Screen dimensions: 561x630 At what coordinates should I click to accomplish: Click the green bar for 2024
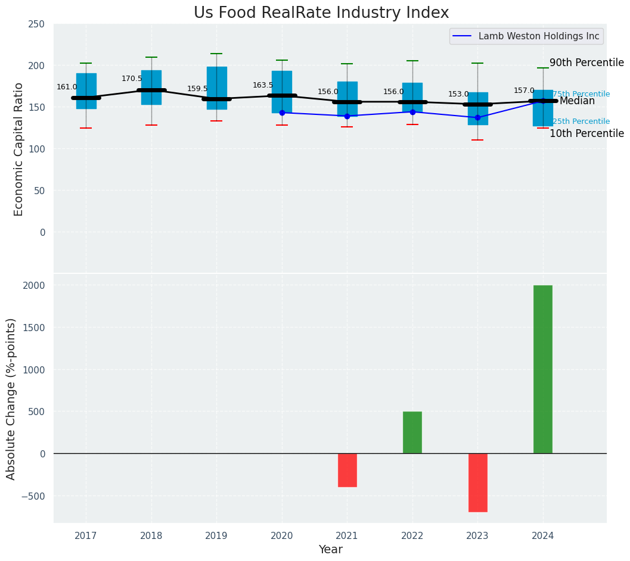tap(542, 369)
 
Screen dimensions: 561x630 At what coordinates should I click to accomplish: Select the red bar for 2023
tap(477, 482)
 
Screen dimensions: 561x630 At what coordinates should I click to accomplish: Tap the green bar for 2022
tap(412, 432)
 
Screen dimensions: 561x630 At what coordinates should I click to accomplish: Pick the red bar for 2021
tap(347, 470)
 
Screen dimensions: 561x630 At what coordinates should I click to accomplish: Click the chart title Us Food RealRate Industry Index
tap(321, 13)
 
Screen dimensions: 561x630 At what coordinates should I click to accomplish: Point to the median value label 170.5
tap(132, 79)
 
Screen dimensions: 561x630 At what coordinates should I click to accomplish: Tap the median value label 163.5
tap(263, 85)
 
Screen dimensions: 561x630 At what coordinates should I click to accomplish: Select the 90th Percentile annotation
tap(586, 63)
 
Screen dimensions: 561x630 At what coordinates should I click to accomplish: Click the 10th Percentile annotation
tap(586, 133)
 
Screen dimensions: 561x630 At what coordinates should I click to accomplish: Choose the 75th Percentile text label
tap(581, 94)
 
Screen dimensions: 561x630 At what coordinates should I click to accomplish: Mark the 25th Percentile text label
tap(581, 121)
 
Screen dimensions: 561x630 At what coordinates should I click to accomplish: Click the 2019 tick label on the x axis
tap(216, 536)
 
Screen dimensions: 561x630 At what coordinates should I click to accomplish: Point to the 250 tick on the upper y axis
tap(36, 24)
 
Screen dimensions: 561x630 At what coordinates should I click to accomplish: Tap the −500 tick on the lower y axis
tap(35, 496)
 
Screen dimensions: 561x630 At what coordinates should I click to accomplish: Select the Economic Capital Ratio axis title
tap(18, 149)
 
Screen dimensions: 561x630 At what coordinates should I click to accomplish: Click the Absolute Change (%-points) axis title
tap(11, 398)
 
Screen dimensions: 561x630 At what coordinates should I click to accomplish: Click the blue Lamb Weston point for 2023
tap(477, 117)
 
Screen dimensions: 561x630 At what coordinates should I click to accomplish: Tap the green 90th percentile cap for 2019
tap(216, 54)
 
